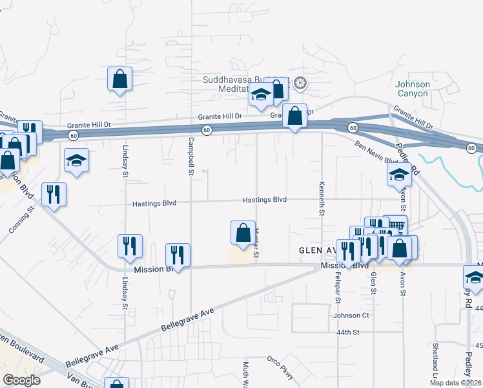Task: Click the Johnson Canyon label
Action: pyautogui.click(x=412, y=89)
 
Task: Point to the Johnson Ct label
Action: pyautogui.click(x=351, y=316)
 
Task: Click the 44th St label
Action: pyautogui.click(x=347, y=332)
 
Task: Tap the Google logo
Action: pyautogui.click(x=21, y=380)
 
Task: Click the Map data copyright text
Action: pyautogui.click(x=455, y=383)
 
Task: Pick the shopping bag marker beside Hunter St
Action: pyautogui.click(x=242, y=233)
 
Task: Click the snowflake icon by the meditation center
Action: pyautogui.click(x=300, y=83)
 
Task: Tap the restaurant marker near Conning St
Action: pyautogui.click(x=54, y=193)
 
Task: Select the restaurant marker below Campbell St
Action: pyautogui.click(x=178, y=255)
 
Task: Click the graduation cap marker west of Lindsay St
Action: pyautogui.click(x=76, y=160)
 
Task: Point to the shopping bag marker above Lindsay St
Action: pyautogui.click(x=119, y=80)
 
